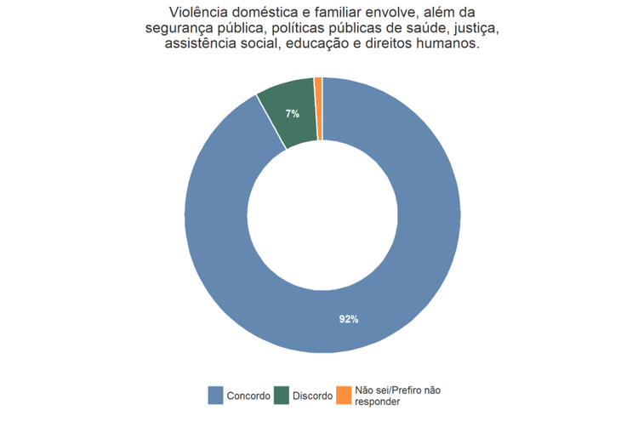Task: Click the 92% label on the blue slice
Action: [x=349, y=320]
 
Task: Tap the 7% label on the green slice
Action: [x=293, y=113]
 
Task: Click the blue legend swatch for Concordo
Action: [x=216, y=396]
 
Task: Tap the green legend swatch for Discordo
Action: [x=281, y=396]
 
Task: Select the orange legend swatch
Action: [x=344, y=396]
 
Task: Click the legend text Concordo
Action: [x=248, y=396]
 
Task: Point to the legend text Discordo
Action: [x=312, y=396]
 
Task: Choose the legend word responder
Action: [x=378, y=401]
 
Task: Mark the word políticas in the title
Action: [x=288, y=29]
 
